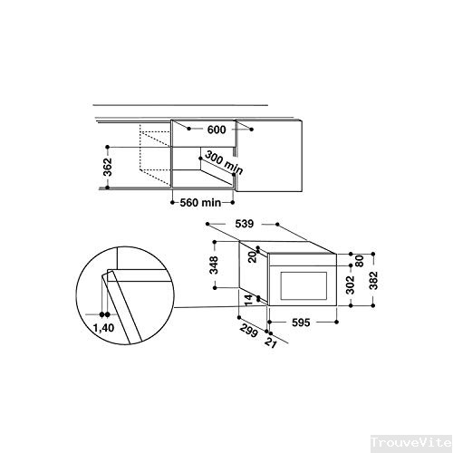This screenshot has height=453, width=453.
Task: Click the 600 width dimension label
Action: [x=216, y=130]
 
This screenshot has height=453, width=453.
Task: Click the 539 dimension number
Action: [x=242, y=222]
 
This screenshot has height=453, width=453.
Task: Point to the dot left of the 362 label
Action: [x=108, y=146]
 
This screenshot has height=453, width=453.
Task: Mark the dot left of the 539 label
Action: [x=207, y=222]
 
